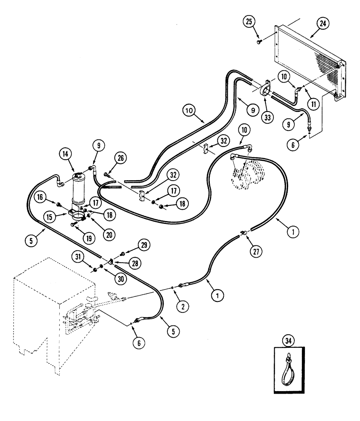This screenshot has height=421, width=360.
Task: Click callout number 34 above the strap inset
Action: point(289,339)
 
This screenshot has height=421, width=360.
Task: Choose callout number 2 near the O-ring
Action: point(182,307)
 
